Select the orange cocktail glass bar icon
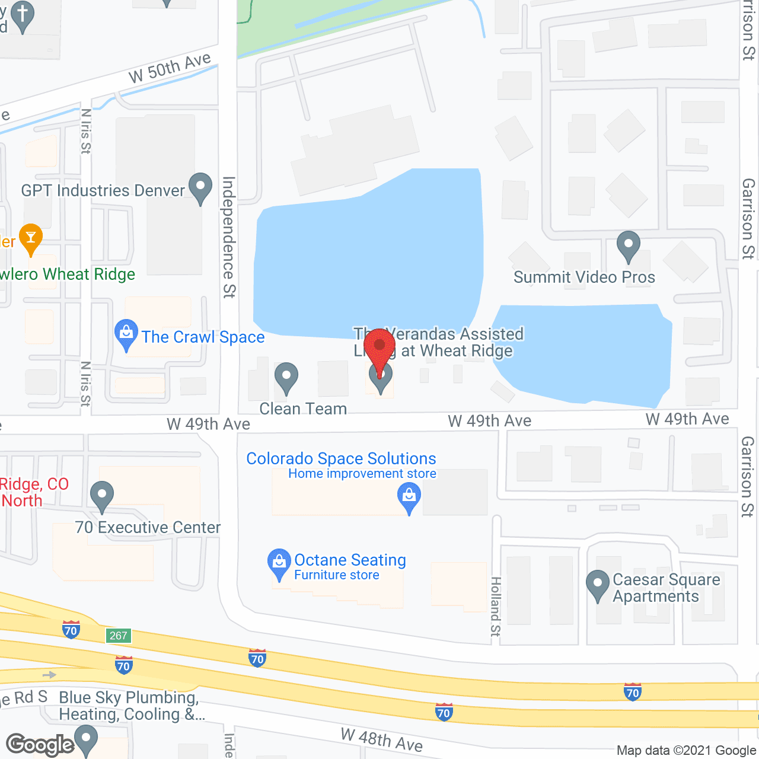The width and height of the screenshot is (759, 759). [x=31, y=238]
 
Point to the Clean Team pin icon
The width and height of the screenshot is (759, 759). [x=286, y=377]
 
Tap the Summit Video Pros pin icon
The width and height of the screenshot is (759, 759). [x=629, y=245]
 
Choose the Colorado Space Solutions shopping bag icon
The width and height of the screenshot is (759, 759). [x=409, y=497]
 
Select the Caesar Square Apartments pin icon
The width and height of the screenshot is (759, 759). [x=598, y=585]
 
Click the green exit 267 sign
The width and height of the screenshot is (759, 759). [x=119, y=636]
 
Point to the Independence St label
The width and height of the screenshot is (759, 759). [x=229, y=237]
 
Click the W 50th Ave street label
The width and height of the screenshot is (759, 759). [x=170, y=68]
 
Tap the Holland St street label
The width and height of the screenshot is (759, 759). [x=496, y=607]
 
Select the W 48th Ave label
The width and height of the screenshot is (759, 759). [x=382, y=740]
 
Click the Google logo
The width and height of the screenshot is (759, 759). [x=40, y=745]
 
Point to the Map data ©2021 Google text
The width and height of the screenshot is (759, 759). [x=686, y=751]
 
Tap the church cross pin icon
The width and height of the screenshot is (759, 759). [x=23, y=15]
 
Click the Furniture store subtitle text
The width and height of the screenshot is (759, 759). [x=337, y=575]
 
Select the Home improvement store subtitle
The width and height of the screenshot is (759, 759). [x=362, y=474]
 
